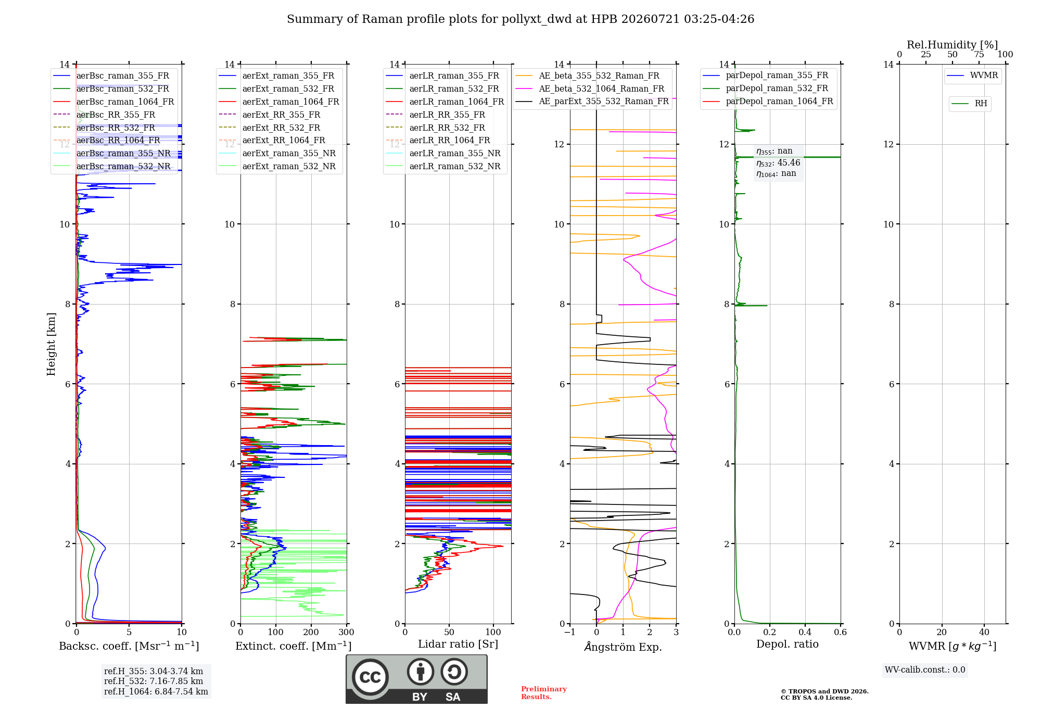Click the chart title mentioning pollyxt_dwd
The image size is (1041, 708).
coord(520,19)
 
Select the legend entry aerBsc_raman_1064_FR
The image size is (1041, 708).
coord(125,102)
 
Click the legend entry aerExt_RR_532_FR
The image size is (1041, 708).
coord(281,128)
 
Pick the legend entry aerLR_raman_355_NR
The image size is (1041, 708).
coord(455,153)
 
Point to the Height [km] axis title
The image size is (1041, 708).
coord(51,344)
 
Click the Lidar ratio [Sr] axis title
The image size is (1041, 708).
coord(458,644)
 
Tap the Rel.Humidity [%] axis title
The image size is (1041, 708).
coord(953,45)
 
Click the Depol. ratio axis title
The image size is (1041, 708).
coord(788,644)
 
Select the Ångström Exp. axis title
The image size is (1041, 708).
coord(623,647)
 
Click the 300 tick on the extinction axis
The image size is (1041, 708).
coord(346,633)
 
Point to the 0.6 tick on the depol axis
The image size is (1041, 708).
coord(841,633)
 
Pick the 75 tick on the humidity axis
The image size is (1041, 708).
coord(979,55)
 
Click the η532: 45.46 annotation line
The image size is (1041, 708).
coord(778,163)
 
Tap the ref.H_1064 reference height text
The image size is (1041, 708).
coord(156,692)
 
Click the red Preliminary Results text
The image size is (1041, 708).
coord(544,693)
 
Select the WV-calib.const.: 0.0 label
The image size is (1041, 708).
coord(925,670)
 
